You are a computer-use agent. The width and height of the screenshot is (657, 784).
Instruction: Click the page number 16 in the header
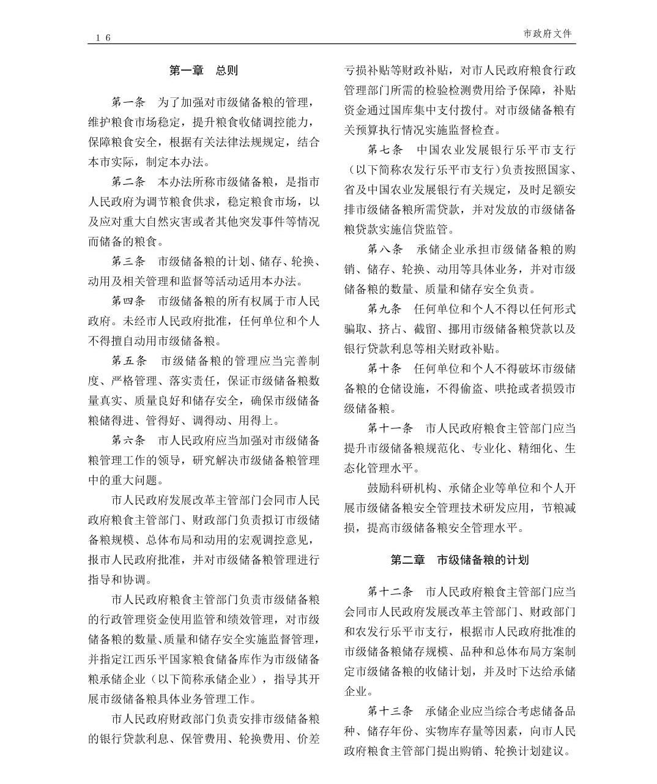(x=103, y=38)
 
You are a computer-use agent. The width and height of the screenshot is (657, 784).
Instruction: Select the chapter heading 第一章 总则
(x=203, y=70)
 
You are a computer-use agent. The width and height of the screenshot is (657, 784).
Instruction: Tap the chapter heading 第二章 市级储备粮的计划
(x=459, y=559)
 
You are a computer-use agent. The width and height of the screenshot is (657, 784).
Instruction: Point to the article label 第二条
(x=128, y=182)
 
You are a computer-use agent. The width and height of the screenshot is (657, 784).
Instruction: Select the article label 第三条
(x=128, y=261)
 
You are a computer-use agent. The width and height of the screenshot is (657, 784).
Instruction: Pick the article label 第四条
(x=128, y=301)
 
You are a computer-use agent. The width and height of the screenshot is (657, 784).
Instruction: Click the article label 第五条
(x=129, y=360)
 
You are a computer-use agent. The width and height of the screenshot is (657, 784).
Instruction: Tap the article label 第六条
(x=128, y=440)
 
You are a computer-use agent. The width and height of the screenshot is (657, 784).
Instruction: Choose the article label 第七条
(x=385, y=150)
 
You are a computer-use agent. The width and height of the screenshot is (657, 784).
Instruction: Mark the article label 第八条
(x=385, y=249)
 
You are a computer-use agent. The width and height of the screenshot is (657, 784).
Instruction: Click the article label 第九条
(x=385, y=309)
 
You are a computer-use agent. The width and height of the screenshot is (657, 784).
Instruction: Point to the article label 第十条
(x=385, y=368)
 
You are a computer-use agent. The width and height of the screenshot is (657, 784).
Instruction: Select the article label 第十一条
(x=390, y=428)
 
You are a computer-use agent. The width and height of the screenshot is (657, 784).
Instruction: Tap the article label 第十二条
(x=390, y=592)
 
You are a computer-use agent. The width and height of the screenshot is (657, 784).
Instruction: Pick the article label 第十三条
(x=390, y=711)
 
